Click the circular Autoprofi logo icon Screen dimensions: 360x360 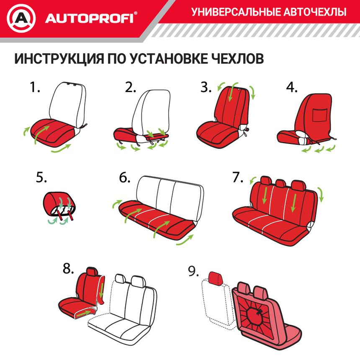tap(21, 18)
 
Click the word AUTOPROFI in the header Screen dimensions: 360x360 tap(89, 18)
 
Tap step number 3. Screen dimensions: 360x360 tap(206, 87)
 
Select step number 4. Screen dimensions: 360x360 tap(292, 87)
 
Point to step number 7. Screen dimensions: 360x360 tap(238, 177)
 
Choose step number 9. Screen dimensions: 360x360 tap(193, 272)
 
